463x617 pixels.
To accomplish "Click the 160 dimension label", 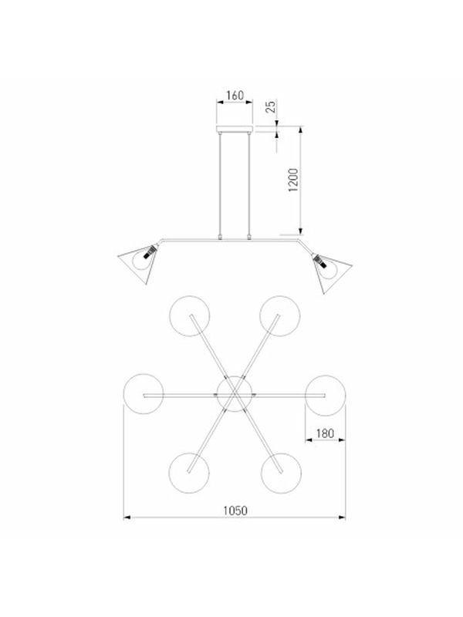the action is click(235, 95).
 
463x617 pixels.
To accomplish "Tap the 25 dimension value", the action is click(271, 106).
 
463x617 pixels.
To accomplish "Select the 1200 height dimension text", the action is click(293, 180).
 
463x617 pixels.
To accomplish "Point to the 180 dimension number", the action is click(325, 433).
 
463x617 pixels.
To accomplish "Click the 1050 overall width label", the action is click(235, 511).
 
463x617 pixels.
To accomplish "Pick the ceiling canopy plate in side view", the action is click(235, 129).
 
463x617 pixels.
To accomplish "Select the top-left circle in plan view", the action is click(190, 296).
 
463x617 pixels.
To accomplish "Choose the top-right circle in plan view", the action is click(280, 296).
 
